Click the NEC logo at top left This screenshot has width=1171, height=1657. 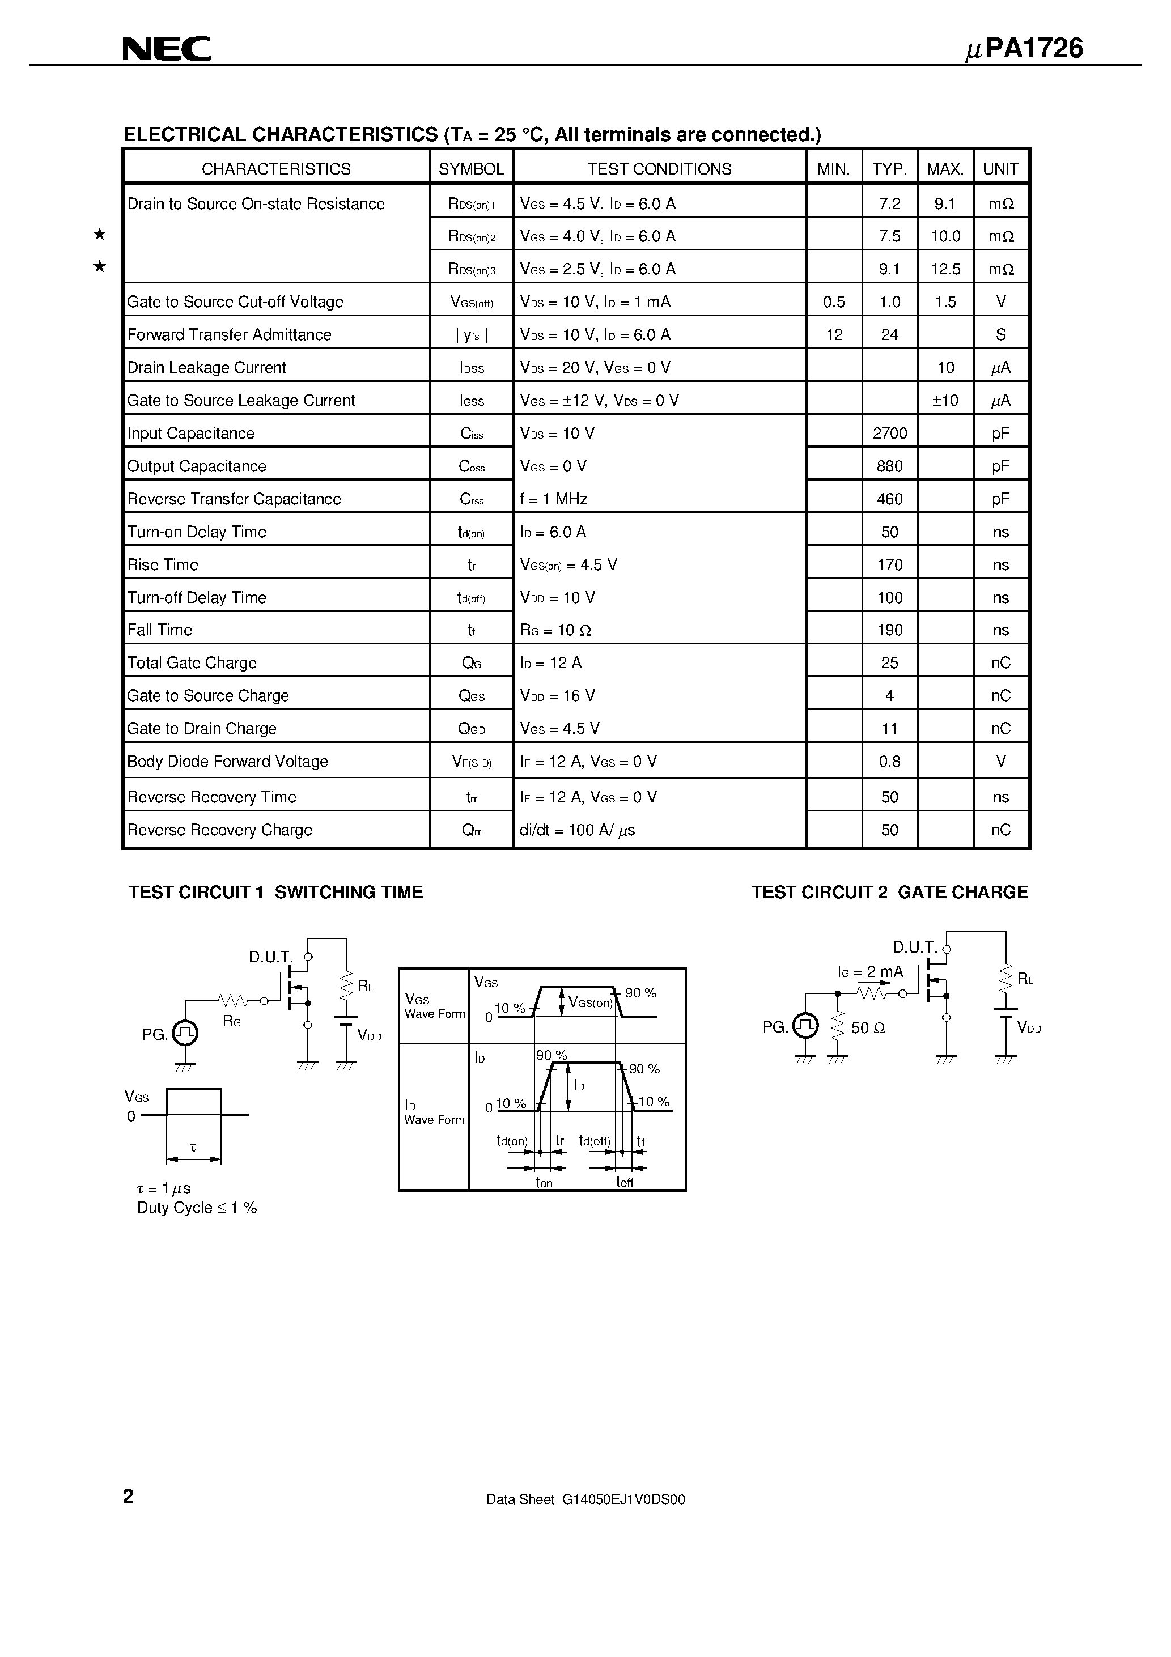(x=166, y=49)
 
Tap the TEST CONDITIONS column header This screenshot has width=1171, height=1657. (x=659, y=169)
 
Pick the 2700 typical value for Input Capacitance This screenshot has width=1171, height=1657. (x=889, y=433)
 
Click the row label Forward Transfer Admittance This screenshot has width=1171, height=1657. (x=229, y=335)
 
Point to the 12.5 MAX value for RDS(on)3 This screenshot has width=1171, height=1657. (x=945, y=269)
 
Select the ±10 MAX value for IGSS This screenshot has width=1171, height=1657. (x=945, y=401)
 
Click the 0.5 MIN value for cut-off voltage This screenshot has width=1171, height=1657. (x=833, y=301)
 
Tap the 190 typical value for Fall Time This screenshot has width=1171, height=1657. (x=889, y=630)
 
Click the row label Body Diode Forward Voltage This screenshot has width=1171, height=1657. (x=227, y=762)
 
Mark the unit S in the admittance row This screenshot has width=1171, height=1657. (x=1000, y=335)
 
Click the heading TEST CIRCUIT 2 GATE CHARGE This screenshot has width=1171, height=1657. (x=889, y=892)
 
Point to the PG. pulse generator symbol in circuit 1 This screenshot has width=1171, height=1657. (x=185, y=1034)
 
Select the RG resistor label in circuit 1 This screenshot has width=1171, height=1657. (x=232, y=1021)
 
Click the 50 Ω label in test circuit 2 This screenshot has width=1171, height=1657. (x=868, y=1027)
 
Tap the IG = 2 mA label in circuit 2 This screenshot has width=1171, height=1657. (x=870, y=972)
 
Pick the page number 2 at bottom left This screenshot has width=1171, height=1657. (x=129, y=1496)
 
